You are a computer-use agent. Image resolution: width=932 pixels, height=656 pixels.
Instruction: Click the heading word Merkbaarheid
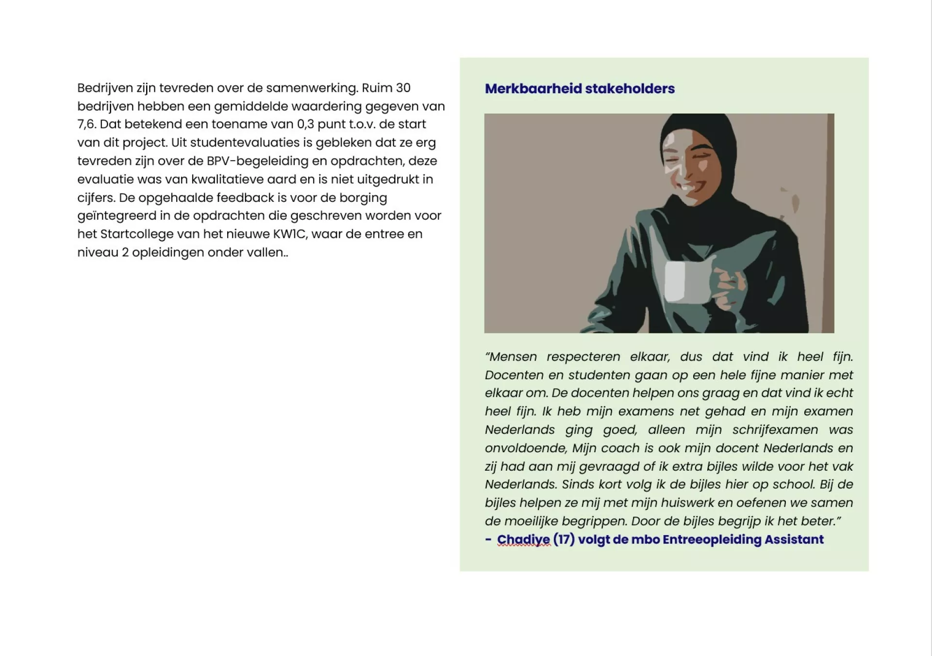[533, 89]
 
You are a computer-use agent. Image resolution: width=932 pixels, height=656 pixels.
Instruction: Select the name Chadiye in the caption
[523, 540]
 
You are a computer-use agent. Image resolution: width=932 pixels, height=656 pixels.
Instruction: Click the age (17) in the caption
[564, 540]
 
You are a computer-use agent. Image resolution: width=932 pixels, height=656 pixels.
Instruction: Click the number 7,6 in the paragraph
[86, 125]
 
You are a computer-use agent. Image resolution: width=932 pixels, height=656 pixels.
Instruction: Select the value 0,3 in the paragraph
[305, 125]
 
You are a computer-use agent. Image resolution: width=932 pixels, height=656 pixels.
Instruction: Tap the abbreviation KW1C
[290, 234]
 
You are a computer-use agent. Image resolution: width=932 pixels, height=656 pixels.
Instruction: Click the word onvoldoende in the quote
[526, 448]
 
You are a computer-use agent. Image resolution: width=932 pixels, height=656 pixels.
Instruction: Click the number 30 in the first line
[403, 88]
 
